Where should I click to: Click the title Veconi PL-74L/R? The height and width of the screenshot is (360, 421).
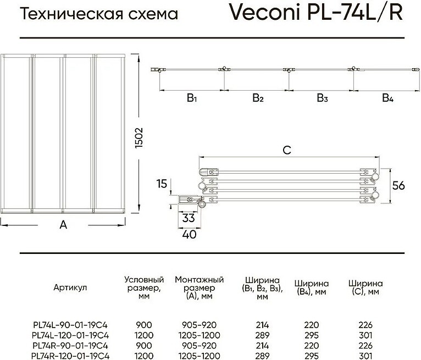coord(315,12)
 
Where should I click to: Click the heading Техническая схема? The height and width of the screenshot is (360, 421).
coord(99,14)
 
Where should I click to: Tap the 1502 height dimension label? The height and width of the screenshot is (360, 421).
coord(139,138)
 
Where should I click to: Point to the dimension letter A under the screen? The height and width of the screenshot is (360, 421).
coord(63,224)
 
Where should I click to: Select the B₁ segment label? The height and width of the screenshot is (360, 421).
coord(192,98)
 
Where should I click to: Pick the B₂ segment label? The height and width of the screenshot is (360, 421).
coord(258,98)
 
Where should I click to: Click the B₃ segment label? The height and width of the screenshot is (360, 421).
coord(322,98)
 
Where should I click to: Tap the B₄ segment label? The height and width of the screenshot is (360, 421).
coord(387,98)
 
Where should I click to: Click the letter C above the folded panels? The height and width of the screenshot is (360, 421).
coord(287,150)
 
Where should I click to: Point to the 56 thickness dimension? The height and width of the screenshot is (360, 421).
coord(398,186)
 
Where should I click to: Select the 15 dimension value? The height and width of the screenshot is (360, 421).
coord(162,184)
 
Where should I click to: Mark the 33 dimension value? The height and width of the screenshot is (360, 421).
coord(188,218)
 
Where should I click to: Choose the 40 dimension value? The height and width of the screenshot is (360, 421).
coord(189,234)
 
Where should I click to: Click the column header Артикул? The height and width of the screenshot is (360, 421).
coord(70,287)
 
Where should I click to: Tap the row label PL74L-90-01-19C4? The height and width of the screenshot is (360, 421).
coord(70,325)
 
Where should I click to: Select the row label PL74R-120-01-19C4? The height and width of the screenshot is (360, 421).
coord(70,356)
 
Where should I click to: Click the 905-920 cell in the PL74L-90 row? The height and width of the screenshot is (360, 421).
coord(199,325)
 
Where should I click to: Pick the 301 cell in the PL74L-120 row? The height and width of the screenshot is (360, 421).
coord(365,335)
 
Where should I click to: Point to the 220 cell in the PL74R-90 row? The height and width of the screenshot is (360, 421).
coord(312,346)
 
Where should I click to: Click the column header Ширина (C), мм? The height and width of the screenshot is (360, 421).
coord(365,287)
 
